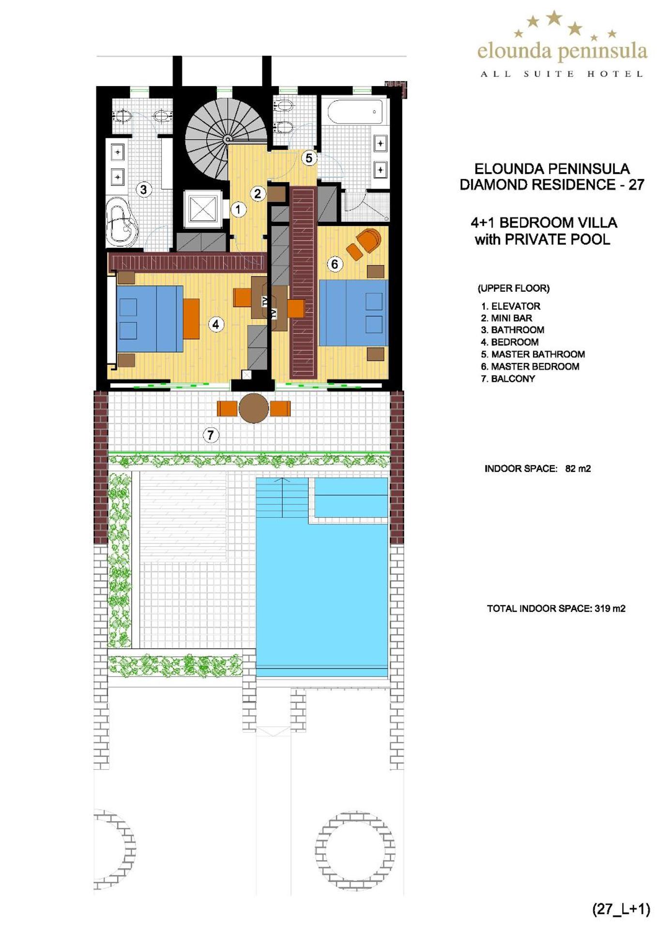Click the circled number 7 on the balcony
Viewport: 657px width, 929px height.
click(x=210, y=435)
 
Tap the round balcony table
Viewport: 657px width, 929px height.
click(x=254, y=408)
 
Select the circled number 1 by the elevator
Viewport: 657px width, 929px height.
click(x=238, y=210)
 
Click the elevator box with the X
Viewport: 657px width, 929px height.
click(x=203, y=209)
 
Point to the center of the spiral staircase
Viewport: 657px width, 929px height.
click(x=227, y=139)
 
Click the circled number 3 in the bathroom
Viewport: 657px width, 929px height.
click(x=143, y=189)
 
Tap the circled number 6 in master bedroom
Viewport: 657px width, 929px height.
click(x=334, y=264)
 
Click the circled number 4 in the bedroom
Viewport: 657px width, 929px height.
click(x=216, y=324)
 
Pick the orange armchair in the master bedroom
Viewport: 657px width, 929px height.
click(x=369, y=240)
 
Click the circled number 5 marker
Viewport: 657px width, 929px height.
click(x=308, y=158)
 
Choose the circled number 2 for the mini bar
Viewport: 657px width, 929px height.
click(x=258, y=194)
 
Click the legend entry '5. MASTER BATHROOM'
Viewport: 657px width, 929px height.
click(x=533, y=354)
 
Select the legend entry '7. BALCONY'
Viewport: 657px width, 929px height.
click(x=508, y=379)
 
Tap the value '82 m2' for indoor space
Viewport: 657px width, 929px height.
click(x=578, y=468)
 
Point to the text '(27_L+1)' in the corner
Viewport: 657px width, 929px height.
click(x=621, y=909)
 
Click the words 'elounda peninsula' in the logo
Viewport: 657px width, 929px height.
click(x=562, y=51)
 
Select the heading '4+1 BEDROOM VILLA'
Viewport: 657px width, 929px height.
click(x=543, y=223)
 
